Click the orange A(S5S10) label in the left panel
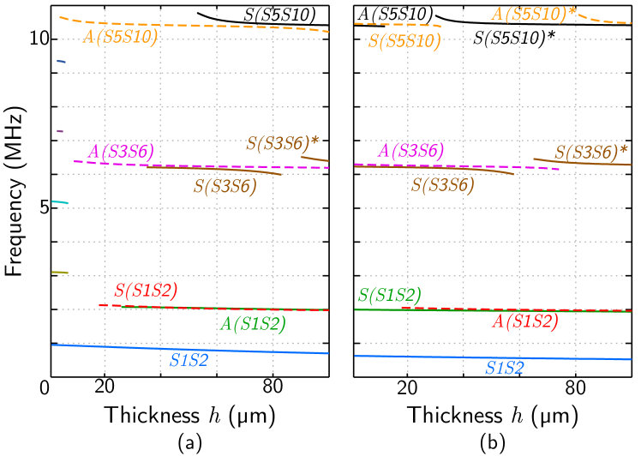[120, 37]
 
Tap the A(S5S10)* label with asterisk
[533, 14]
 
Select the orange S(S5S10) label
[404, 40]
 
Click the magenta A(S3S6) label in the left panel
[121, 152]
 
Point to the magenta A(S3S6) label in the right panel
[411, 152]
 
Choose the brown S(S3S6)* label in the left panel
[283, 144]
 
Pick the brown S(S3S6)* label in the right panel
[590, 153]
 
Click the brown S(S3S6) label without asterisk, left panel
[225, 186]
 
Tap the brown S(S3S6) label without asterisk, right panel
[443, 185]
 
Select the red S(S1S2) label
[146, 291]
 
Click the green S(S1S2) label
[390, 296]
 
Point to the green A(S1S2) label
[253, 324]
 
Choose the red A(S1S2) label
[524, 321]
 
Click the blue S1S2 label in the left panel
[189, 361]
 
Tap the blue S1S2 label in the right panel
[504, 369]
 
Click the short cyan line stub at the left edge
[59, 202]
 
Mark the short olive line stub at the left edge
[59, 273]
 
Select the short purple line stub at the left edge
[60, 131]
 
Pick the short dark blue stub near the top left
[61, 62]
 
